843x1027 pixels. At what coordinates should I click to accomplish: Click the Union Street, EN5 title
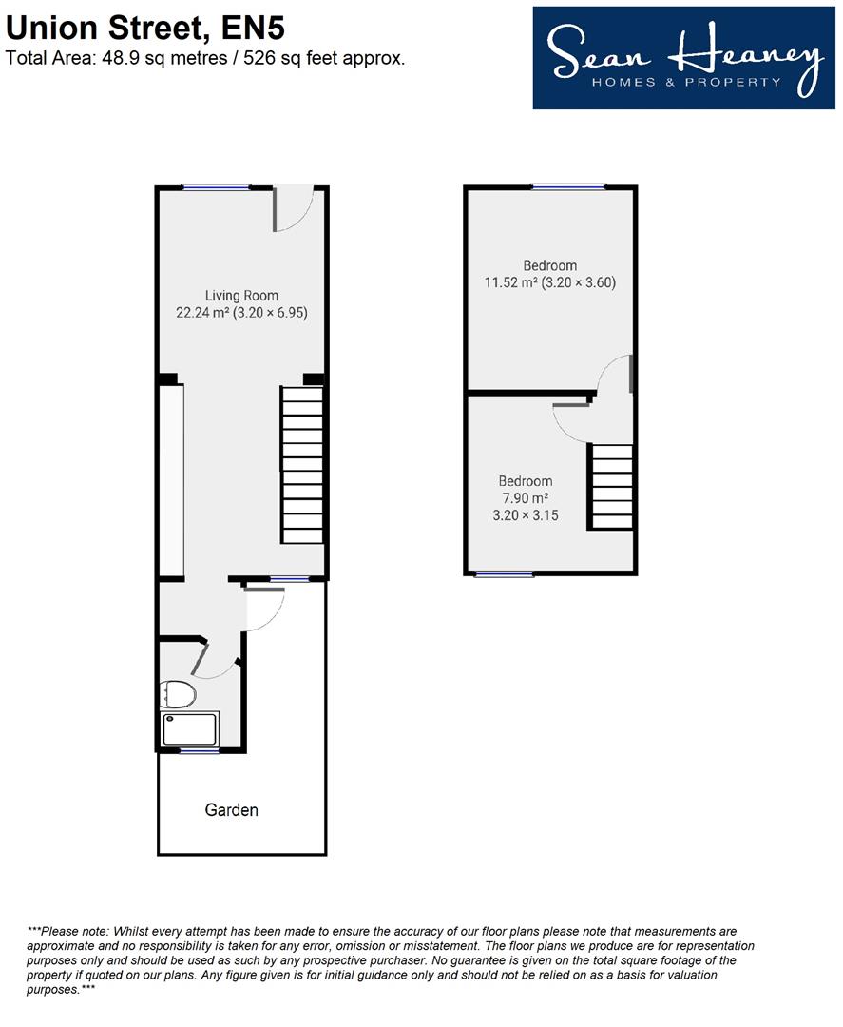[145, 29]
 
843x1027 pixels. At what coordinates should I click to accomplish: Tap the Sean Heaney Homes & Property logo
[684, 58]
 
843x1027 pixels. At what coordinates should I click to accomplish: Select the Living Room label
[241, 296]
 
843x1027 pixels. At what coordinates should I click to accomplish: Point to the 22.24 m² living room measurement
[241, 313]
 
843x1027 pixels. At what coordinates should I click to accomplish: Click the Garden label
[232, 810]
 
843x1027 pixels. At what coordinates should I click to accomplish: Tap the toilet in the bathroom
[178, 694]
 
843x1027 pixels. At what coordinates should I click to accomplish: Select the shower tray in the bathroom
[190, 729]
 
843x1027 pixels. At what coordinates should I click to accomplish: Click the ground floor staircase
[302, 464]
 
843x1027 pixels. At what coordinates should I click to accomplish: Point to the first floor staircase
[611, 487]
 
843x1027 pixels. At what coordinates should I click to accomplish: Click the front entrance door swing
[294, 209]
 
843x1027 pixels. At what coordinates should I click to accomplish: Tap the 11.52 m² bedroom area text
[549, 282]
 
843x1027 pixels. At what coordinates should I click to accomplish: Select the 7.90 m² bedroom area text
[525, 497]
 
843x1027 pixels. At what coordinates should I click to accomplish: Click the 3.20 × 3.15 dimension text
[526, 515]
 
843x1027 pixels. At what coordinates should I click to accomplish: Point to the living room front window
[216, 188]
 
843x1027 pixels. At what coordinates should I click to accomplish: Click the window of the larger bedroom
[568, 187]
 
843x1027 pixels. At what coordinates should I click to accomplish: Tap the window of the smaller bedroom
[504, 574]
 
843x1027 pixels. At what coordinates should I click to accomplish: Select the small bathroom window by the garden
[200, 751]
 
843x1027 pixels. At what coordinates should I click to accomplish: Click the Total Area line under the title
[205, 58]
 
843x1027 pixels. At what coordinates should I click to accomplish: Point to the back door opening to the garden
[265, 610]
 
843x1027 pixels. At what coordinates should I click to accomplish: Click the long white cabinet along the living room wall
[171, 481]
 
